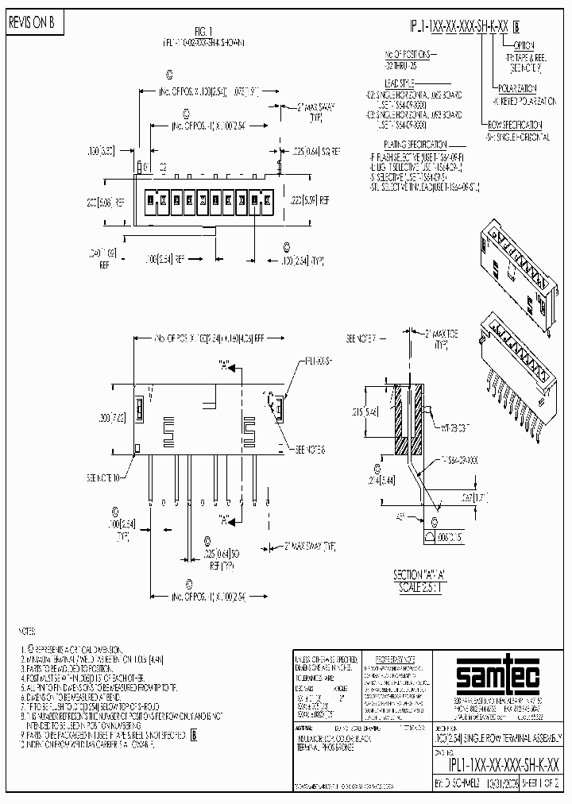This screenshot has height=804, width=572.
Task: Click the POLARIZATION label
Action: click(x=517, y=87)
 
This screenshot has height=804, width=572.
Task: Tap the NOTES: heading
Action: click(x=29, y=632)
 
